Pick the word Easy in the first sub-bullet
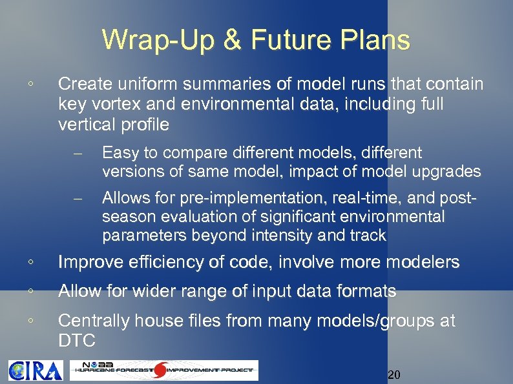119,153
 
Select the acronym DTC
76,341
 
